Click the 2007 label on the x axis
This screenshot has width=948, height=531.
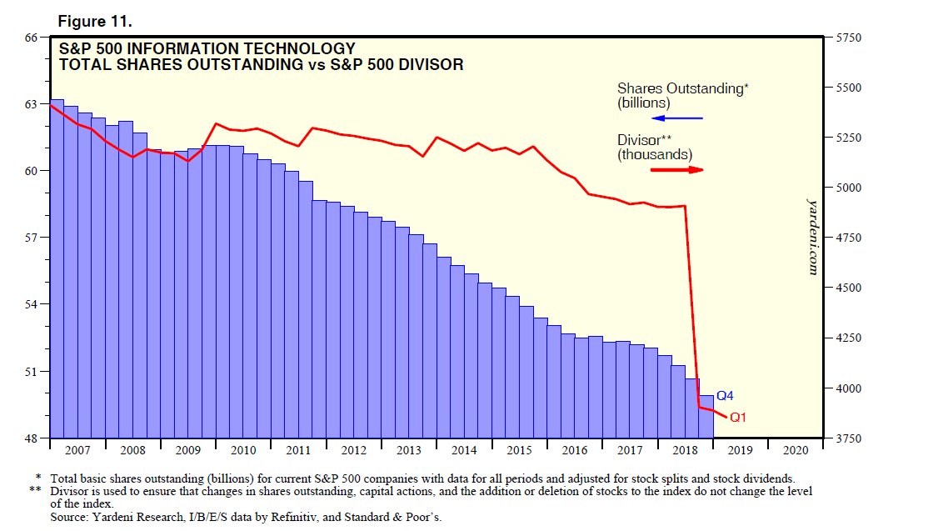pos(77,450)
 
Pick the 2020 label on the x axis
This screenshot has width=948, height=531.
pos(795,450)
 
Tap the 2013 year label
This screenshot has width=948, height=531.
pos(408,450)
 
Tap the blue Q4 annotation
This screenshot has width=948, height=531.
pos(726,396)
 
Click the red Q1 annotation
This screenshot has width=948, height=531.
pos(738,418)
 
